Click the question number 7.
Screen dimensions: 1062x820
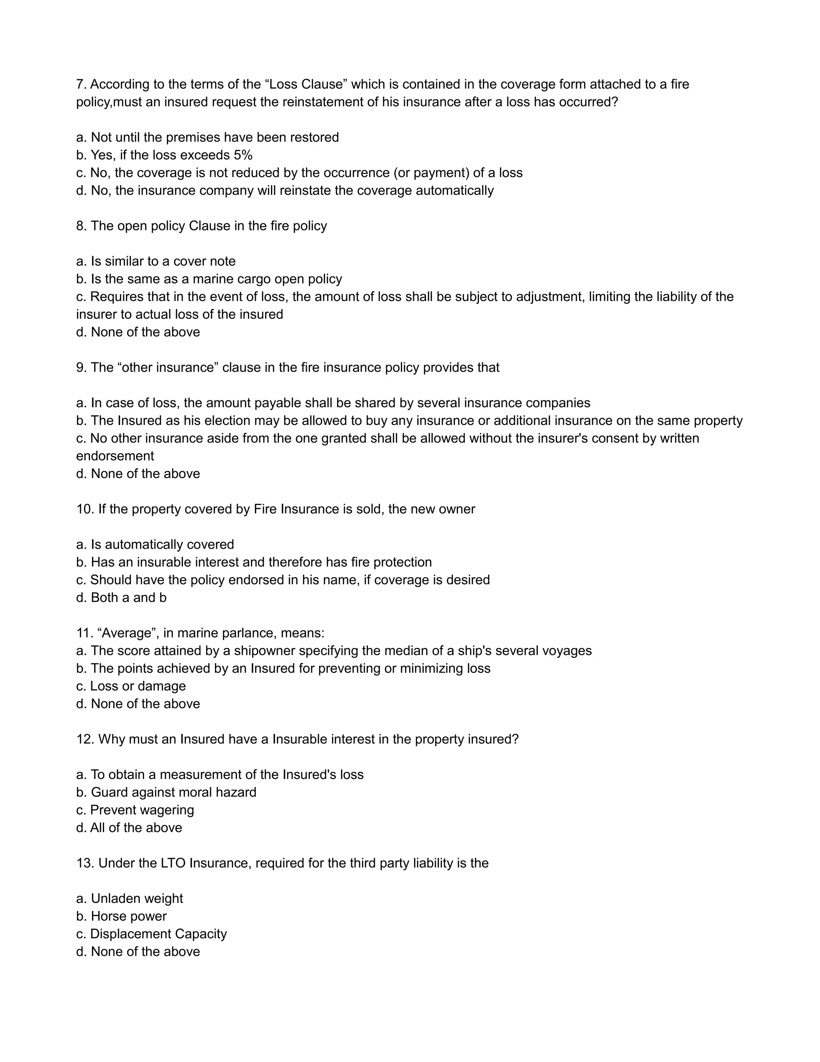(x=81, y=85)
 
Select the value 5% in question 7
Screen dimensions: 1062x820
(x=243, y=155)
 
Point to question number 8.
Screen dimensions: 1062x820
(x=81, y=226)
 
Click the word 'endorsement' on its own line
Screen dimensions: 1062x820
(x=115, y=456)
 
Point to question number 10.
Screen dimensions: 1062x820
(x=84, y=509)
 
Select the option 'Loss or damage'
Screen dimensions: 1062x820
(x=131, y=686)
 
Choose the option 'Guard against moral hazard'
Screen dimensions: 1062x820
(x=166, y=792)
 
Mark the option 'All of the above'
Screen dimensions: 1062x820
(x=129, y=828)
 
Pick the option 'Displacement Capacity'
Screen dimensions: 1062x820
(x=152, y=934)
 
